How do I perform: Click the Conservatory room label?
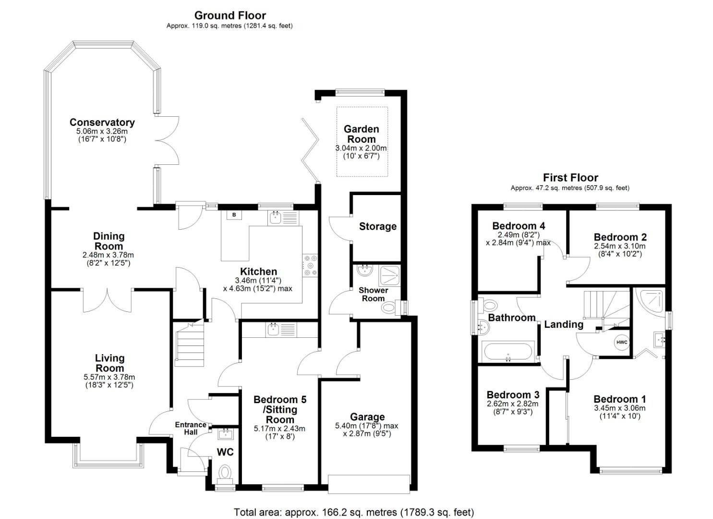coord(102,123)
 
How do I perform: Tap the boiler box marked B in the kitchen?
coord(234,215)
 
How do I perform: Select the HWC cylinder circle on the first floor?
coord(621,342)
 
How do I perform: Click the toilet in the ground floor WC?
coord(225,472)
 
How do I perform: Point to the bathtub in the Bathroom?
coord(508,351)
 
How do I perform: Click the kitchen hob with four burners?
coord(310,265)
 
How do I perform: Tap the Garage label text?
coord(367,417)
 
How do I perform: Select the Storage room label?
coord(377,226)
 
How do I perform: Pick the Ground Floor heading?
coord(230,15)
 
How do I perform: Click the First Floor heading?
coord(570,177)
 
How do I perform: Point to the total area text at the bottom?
coord(353,512)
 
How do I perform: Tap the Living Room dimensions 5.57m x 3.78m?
coord(109,377)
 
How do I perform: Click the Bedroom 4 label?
coord(519,226)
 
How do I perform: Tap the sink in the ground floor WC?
coord(225,435)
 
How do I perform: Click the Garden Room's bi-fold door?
coord(311,150)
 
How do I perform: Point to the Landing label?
coord(563,324)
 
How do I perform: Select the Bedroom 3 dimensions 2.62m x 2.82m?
coord(512,404)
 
